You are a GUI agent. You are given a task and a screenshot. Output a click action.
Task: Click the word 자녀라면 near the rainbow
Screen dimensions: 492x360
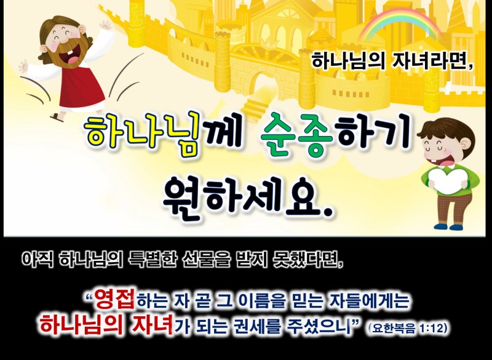[x=432, y=61]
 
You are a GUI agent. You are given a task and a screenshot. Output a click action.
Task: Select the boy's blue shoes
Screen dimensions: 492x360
[x=448, y=226]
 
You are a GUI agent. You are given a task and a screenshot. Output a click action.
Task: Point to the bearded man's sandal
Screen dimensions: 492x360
[x=57, y=117]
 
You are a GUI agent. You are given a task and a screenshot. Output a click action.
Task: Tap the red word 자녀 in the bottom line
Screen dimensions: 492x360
[x=153, y=325]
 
